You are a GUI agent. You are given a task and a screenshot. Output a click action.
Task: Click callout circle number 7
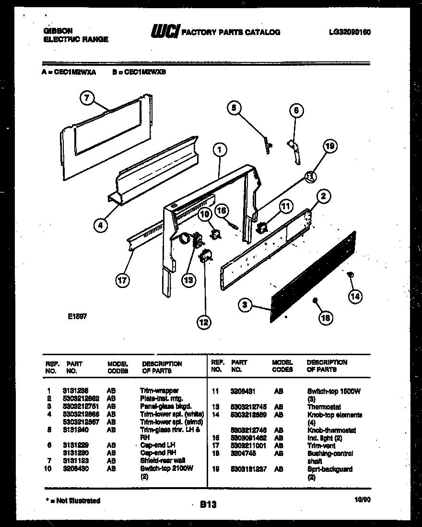pos(86,98)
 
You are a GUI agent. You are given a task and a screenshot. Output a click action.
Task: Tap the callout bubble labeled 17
pos(123,280)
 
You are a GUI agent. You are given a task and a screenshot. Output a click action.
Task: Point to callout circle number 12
pos(204,322)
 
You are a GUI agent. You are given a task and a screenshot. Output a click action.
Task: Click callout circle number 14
pos(355,296)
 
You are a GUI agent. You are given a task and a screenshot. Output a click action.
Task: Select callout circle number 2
pos(324,195)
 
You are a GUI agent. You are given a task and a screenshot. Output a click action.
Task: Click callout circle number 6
pos(296,110)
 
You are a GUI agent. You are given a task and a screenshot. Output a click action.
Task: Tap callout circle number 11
pos(285,207)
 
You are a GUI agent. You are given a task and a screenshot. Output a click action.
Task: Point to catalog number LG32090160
pos(350,32)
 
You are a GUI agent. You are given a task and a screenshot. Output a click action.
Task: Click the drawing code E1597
pos(77,317)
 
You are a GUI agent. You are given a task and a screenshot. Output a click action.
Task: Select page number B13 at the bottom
pos(208,504)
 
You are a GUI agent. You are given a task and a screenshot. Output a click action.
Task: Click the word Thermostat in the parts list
pos(324,407)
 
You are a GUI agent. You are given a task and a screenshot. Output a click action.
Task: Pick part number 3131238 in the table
pos(75,391)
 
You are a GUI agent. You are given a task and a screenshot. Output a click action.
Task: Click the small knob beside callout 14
pos(350,275)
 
